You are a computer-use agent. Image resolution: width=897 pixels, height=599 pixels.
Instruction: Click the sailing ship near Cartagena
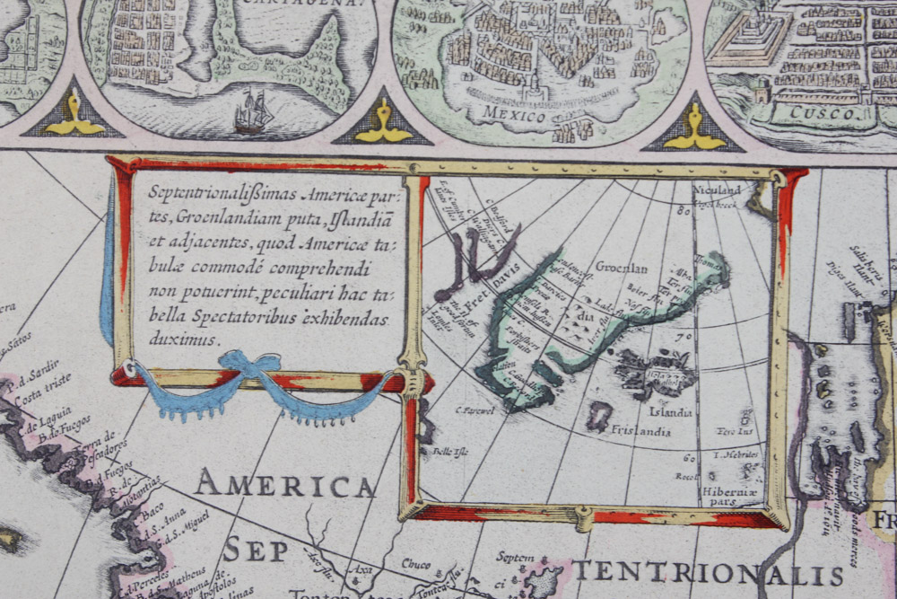pos(254,111)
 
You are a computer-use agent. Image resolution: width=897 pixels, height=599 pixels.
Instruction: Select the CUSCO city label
pos(802,114)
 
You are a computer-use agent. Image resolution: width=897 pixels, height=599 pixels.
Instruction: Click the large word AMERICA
pos(285,486)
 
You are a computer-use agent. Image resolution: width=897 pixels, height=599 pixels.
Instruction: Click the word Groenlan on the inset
pos(621,268)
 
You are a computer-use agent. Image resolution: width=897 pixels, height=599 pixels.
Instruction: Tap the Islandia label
pos(671,412)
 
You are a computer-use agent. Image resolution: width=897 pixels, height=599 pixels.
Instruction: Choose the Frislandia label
pos(640,431)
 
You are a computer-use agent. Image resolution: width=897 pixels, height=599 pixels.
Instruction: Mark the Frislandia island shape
pos(599,415)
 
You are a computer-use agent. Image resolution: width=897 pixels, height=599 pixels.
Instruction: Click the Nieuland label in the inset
pos(718,189)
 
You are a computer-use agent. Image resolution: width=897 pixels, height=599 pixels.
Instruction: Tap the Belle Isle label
pos(445,451)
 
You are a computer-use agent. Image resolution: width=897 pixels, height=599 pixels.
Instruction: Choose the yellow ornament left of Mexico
pos(383,122)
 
